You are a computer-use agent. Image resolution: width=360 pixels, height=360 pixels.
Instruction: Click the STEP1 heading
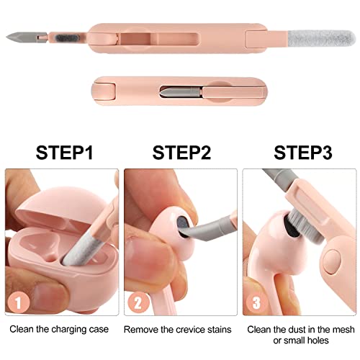coord(64,153)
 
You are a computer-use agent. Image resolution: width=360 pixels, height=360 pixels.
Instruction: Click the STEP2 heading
coord(181,153)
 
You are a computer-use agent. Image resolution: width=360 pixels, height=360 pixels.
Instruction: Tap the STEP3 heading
coord(303,153)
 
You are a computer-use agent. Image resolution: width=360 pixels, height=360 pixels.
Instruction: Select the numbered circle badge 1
coord(19,302)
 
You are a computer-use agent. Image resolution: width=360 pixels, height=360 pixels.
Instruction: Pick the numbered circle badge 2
coord(138,302)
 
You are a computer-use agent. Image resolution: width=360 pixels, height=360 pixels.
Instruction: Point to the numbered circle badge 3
coord(256,302)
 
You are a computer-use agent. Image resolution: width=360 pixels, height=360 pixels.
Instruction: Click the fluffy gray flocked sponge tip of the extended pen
coord(321,39)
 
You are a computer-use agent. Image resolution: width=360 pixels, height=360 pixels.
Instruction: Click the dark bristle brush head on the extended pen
coord(66,38)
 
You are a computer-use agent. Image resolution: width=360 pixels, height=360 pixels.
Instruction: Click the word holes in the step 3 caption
coord(317,341)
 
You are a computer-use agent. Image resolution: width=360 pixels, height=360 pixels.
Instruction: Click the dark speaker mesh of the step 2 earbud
coord(184,225)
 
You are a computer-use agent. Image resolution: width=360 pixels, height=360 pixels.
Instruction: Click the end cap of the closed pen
coord(104,91)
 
